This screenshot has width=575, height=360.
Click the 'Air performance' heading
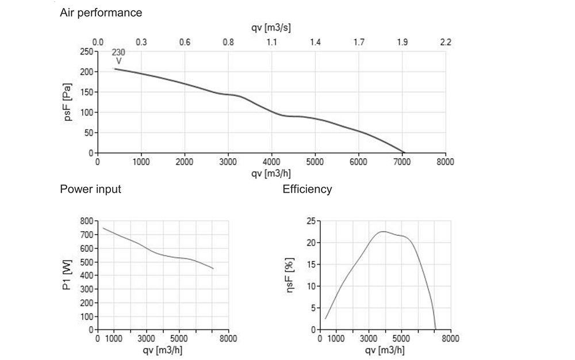click(101, 12)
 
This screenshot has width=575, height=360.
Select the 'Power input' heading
click(90, 189)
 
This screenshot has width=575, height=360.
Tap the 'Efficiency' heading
click(307, 189)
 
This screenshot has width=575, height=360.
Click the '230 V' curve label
click(118, 56)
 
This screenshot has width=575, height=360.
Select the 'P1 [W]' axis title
click(68, 275)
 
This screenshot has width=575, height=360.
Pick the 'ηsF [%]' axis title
click(291, 275)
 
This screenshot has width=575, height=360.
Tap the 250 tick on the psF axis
click(86, 52)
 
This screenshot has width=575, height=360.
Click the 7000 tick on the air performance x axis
click(402, 162)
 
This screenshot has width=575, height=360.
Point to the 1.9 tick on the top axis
click(402, 43)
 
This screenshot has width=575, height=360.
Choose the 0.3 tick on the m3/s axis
click(141, 43)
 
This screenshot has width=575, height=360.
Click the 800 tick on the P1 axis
click(86, 221)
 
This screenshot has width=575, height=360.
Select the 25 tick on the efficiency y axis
click(311, 221)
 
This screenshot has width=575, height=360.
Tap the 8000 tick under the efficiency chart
click(451, 338)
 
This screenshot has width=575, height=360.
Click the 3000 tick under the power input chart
click(147, 338)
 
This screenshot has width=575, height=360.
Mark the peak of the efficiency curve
click(383, 232)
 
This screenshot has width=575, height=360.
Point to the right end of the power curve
click(213, 269)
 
